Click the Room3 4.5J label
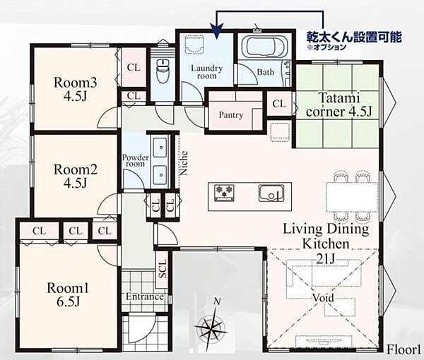75,89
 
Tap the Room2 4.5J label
75,176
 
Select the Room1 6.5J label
68,295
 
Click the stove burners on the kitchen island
224,192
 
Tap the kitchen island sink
271,193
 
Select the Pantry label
231,115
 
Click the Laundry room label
207,72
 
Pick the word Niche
184,163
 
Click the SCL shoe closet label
163,269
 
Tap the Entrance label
145,296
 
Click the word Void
324,298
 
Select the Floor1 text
404,349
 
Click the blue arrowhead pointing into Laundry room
217,30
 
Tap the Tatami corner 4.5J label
338,104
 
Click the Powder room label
135,160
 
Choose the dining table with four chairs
352,197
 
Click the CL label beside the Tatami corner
279,104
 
